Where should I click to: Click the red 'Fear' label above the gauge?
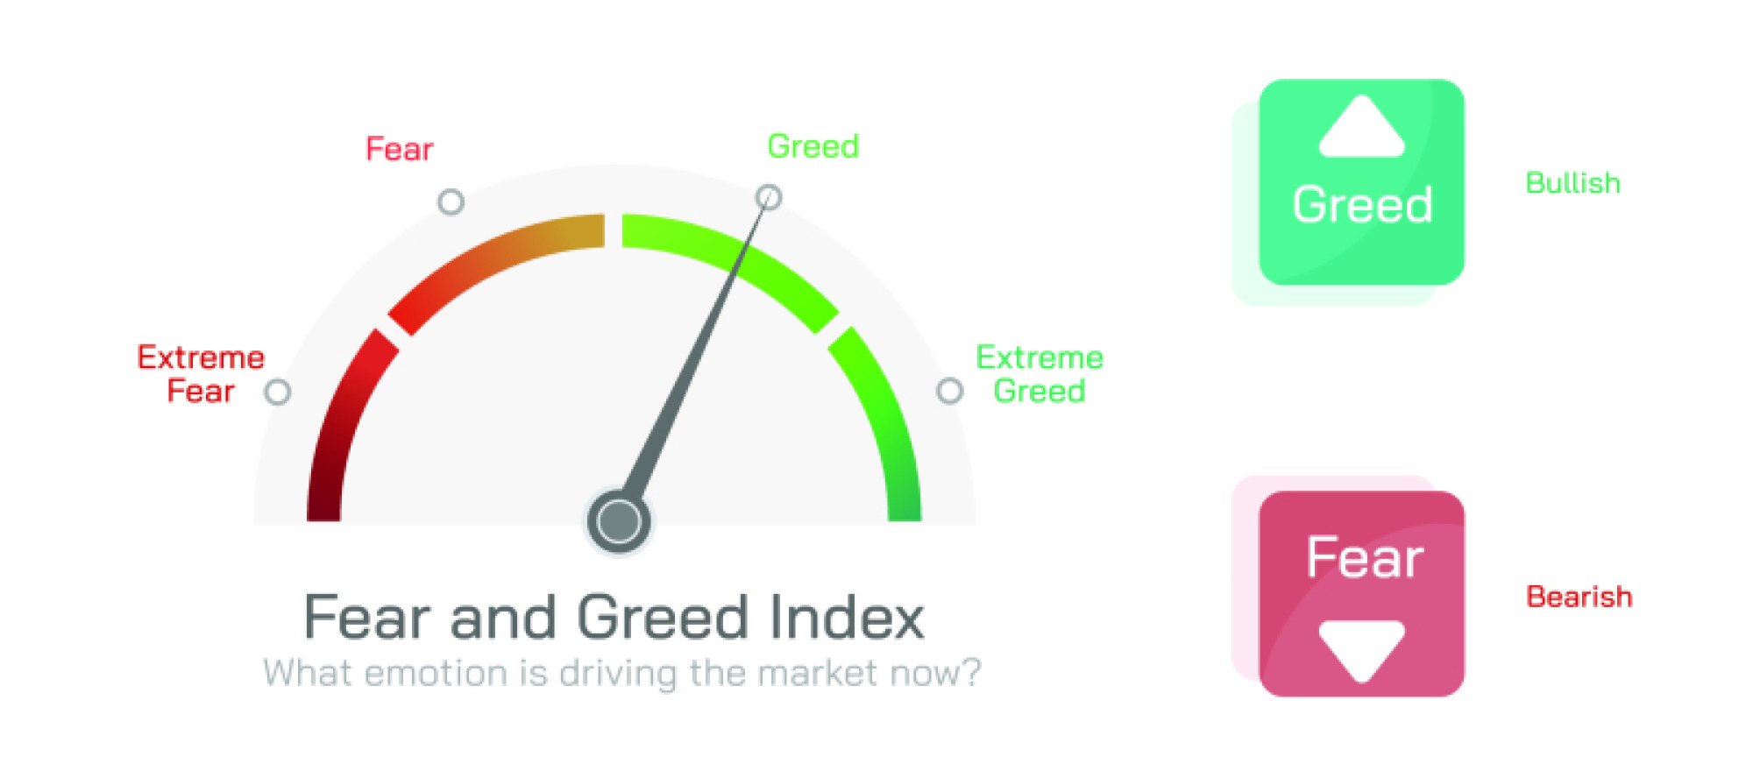399,149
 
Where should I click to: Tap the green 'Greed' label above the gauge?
813,146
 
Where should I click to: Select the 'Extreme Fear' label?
201,374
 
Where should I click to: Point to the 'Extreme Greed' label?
1040,374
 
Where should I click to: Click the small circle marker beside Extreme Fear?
278,392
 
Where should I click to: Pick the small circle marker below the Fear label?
451,202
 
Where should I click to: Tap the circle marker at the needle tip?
769,196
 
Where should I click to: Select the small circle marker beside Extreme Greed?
950,391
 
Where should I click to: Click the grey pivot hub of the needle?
619,521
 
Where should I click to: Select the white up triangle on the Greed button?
1361,130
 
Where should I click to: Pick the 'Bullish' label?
1572,183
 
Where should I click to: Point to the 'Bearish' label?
1579,597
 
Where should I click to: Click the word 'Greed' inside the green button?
1362,205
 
